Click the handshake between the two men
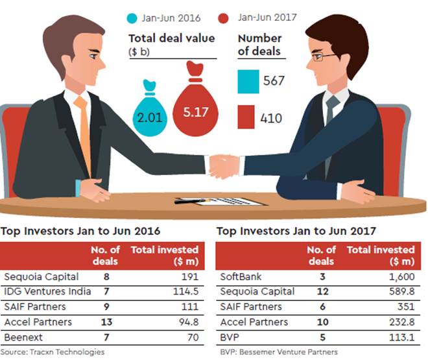(224, 165)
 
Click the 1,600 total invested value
(398, 276)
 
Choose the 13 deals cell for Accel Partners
(105, 322)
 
